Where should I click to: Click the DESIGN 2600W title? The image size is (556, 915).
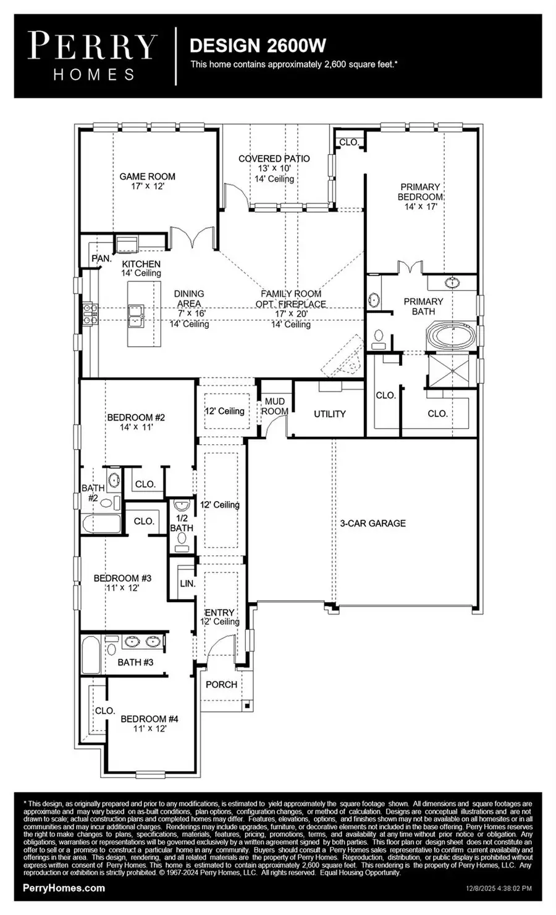point(258,46)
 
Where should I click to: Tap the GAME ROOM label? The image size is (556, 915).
point(147,176)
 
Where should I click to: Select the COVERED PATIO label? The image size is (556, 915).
point(274,159)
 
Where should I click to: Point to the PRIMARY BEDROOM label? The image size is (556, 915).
point(420,191)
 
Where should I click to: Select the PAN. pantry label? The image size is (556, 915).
point(101,258)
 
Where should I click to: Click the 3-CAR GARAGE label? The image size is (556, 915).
point(373,523)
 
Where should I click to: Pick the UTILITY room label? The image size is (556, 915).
point(329,414)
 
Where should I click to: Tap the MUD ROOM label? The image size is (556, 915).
point(275,406)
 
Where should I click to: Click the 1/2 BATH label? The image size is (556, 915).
point(182,523)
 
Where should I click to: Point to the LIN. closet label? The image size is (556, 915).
point(187,583)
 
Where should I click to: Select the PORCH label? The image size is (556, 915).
point(221,684)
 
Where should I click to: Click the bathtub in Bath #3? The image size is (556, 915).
point(90,656)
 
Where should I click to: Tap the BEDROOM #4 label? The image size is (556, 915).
point(150,719)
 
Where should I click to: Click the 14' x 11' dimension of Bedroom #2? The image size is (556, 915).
point(135,426)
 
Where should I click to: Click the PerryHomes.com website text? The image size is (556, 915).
point(64,888)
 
